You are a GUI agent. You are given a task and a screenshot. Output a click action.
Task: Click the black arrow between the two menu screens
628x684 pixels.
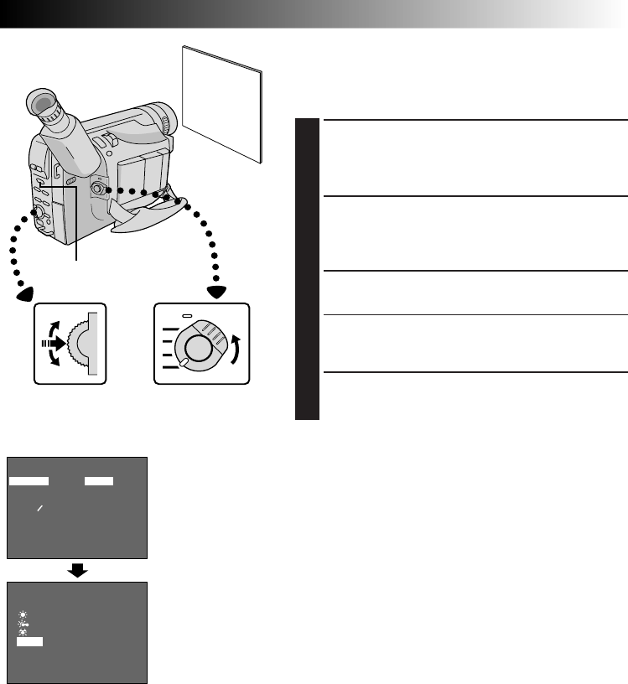coord(77,570)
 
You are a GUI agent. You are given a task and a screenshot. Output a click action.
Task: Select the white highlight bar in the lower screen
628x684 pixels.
coord(30,642)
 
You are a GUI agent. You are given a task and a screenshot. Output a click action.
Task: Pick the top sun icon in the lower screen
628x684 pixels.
coord(22,614)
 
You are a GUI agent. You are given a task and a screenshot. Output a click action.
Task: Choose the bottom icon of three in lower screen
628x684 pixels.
coord(22,632)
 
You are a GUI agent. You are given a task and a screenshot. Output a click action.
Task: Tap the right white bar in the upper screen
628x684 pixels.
coord(98,481)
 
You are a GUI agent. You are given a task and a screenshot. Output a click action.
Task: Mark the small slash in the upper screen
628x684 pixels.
coord(39,509)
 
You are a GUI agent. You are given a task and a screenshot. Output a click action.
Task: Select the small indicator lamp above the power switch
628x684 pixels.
coord(189,317)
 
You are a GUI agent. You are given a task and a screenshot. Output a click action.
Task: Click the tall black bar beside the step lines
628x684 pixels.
coord(308,269)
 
